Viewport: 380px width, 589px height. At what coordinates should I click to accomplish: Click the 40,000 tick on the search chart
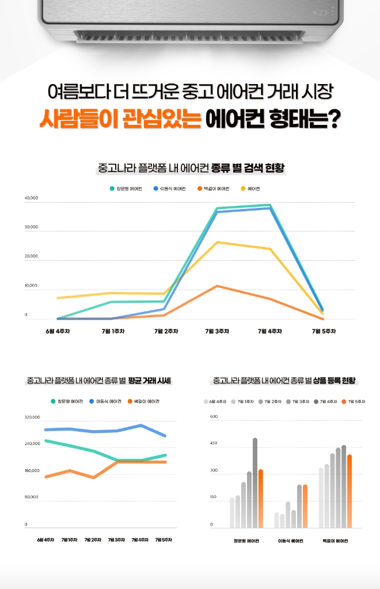pyautogui.click(x=31, y=199)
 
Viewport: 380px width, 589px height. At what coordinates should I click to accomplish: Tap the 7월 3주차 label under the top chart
pyautogui.click(x=217, y=331)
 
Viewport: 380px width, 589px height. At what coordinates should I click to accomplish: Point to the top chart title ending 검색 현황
pyautogui.click(x=192, y=168)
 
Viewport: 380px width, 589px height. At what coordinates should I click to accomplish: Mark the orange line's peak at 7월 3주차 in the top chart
pyautogui.click(x=216, y=286)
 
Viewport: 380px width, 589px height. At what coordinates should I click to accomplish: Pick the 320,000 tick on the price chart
pyautogui.click(x=32, y=417)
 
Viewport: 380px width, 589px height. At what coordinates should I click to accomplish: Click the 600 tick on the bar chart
pyautogui.click(x=214, y=416)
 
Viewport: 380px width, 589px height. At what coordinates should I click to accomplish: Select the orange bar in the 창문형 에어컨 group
pyautogui.click(x=261, y=498)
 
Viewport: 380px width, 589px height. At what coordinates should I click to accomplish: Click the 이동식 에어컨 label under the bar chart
pyautogui.click(x=291, y=541)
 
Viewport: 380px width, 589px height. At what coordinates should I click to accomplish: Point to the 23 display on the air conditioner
pyautogui.click(x=323, y=12)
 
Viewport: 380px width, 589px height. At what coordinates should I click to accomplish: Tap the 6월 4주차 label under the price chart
pyautogui.click(x=45, y=539)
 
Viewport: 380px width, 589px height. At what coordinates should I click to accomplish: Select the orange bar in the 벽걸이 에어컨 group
pyautogui.click(x=349, y=491)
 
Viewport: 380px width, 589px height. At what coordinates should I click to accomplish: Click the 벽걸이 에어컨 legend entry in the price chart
pyautogui.click(x=143, y=401)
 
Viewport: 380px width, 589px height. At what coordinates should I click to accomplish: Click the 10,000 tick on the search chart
pyautogui.click(x=31, y=286)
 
